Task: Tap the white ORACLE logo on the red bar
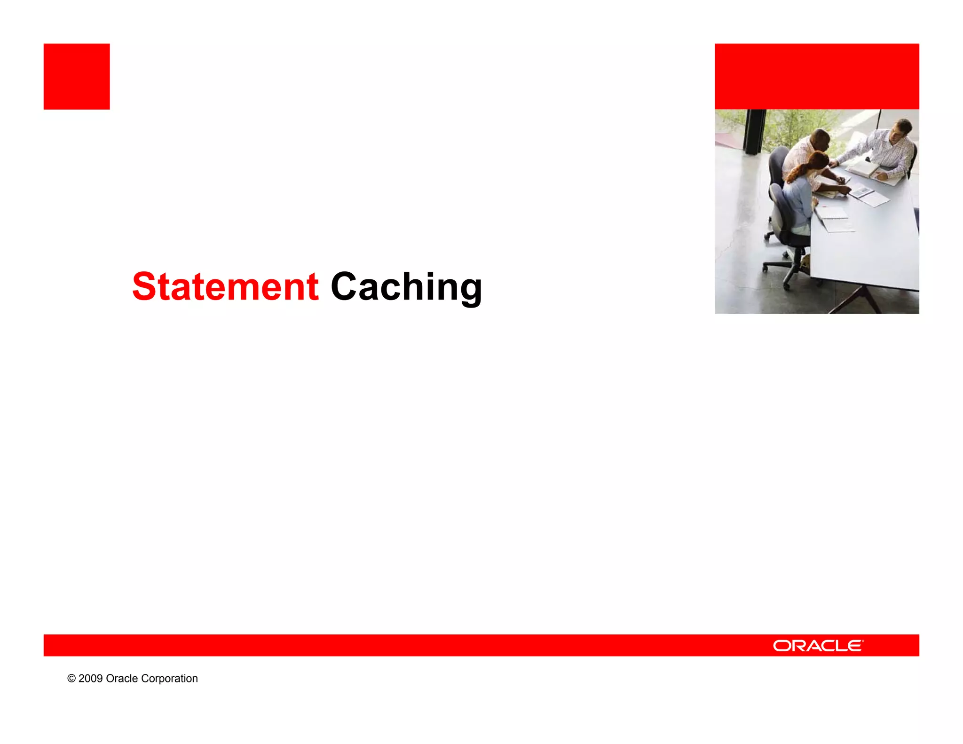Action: (x=818, y=645)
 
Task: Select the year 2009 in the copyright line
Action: (x=90, y=678)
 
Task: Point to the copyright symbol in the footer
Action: (x=71, y=678)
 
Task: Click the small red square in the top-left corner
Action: (x=77, y=76)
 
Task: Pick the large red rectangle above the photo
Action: (x=817, y=76)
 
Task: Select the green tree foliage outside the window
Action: (x=790, y=125)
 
